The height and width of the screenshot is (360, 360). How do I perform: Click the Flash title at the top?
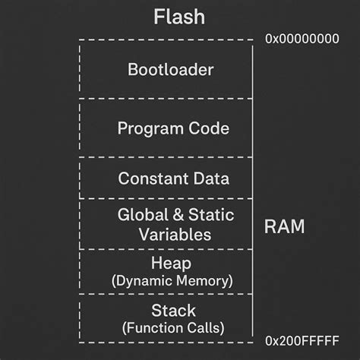pos(179,17)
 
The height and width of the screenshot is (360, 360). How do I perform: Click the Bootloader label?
pos(171,70)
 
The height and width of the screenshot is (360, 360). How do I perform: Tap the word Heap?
pos(172,263)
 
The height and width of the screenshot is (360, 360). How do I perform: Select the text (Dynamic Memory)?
pos(172,281)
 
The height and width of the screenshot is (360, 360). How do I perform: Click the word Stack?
pos(173,311)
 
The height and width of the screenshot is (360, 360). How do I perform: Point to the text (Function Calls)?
pos(173,328)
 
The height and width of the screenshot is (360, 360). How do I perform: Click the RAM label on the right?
pos(284,226)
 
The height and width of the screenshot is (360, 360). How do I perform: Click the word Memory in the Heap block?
pos(204,281)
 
